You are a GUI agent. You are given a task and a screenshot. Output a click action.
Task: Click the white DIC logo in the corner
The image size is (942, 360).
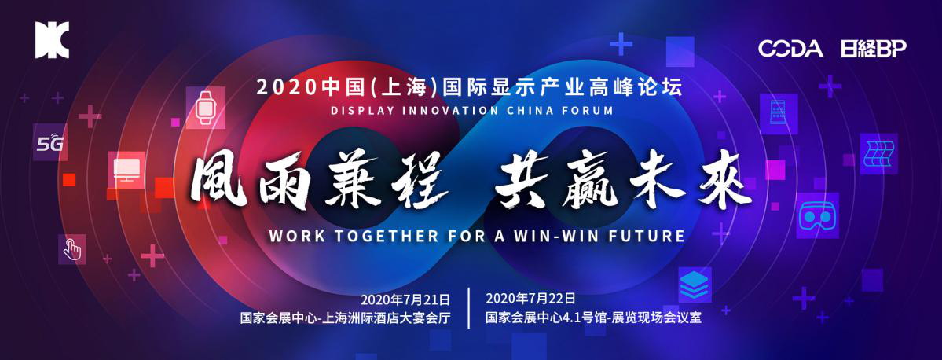click(x=53, y=40)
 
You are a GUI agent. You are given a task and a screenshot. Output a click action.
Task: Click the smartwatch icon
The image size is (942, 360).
click(x=206, y=108)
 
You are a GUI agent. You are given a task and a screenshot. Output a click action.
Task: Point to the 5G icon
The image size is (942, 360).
click(x=49, y=142)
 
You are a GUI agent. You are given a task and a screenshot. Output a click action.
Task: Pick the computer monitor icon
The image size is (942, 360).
click(x=126, y=170)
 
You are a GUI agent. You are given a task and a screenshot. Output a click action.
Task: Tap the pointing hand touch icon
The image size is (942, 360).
click(x=72, y=249)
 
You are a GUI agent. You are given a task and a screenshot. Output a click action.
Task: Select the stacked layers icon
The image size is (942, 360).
click(x=695, y=285)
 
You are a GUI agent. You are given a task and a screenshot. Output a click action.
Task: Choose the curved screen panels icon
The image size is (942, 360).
click(x=878, y=154)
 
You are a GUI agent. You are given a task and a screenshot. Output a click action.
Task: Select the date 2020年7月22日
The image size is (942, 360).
click(x=530, y=298)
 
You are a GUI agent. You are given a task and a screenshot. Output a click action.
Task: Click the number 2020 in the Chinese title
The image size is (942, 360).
click(x=286, y=88)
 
